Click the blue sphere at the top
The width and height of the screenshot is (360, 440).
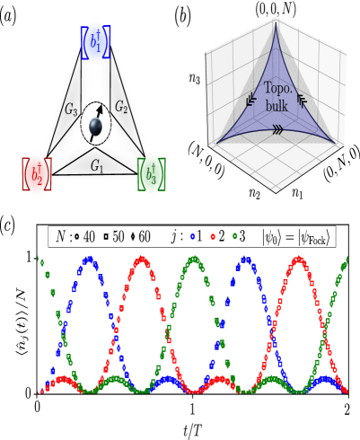pos(95,42)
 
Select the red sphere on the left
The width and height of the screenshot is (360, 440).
pos(36,174)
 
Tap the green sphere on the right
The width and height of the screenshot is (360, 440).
pos(151,174)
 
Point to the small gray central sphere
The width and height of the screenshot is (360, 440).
pos(95,127)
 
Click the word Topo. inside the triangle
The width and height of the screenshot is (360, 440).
pos(277,89)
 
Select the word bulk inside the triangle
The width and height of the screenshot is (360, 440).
pos(277,106)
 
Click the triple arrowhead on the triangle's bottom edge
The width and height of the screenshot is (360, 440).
pos(277,129)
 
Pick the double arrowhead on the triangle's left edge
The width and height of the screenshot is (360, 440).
pos(250,100)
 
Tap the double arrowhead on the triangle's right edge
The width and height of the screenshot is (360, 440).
pos(302,100)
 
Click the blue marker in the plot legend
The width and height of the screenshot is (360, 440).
pos(192,236)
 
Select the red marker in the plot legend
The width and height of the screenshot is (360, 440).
pos(213,236)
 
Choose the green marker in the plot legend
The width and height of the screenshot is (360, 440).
pos(234,236)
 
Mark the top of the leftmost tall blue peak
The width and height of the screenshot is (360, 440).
pos(88,259)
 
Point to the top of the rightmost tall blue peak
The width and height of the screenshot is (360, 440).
pos(245,259)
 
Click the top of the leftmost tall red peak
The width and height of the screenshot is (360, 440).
pos(141,259)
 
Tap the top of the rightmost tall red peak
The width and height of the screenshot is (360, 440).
pos(298,259)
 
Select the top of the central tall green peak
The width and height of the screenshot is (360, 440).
pos(193,259)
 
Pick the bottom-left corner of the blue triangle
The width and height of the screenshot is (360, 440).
pos(217,143)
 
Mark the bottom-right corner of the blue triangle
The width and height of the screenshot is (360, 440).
pos(336,143)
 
